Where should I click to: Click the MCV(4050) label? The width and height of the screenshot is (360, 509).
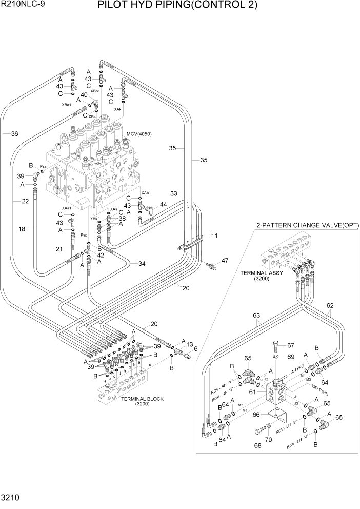click(x=139, y=134)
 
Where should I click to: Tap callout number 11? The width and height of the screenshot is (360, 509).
click(x=214, y=236)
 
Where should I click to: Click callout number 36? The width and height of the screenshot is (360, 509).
click(x=14, y=134)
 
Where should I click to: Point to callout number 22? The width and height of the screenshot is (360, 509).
click(x=25, y=202)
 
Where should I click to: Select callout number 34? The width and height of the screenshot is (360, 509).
click(x=142, y=264)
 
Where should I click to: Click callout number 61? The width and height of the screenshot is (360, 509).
click(x=253, y=393)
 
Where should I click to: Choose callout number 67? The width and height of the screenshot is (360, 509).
click(x=290, y=345)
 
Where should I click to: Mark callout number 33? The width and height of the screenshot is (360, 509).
click(x=174, y=194)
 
